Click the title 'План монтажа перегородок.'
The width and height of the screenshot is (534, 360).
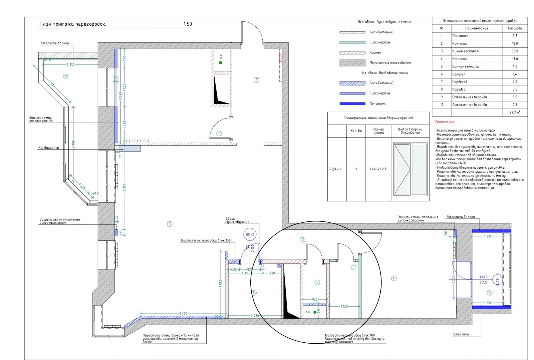[x=72, y=24]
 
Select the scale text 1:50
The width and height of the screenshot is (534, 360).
[x=188, y=24]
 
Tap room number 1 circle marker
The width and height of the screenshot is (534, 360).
[x=256, y=80]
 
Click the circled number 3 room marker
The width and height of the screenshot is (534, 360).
[x=170, y=224]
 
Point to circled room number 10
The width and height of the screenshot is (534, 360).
[x=65, y=76]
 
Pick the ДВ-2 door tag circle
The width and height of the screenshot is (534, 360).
[x=250, y=234]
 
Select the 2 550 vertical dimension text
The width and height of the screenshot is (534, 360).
[x=221, y=283]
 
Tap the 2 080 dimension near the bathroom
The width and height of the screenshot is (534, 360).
[x=255, y=315]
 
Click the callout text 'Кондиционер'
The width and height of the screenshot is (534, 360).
[x=49, y=148]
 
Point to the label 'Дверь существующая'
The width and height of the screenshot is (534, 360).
[x=237, y=220]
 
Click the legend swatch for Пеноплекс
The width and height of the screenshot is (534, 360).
[x=352, y=104]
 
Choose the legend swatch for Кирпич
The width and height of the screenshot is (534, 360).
[x=352, y=53]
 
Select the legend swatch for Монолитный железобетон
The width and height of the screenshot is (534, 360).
[x=352, y=63]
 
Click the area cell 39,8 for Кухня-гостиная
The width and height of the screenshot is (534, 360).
[x=515, y=51]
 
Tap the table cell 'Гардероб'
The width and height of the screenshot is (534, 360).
[x=460, y=82]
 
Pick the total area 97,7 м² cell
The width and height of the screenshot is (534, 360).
[x=515, y=112]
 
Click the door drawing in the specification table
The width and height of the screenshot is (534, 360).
[x=410, y=169]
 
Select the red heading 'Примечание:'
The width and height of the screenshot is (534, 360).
[x=445, y=122]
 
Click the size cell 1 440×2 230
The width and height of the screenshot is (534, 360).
[x=378, y=169]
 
